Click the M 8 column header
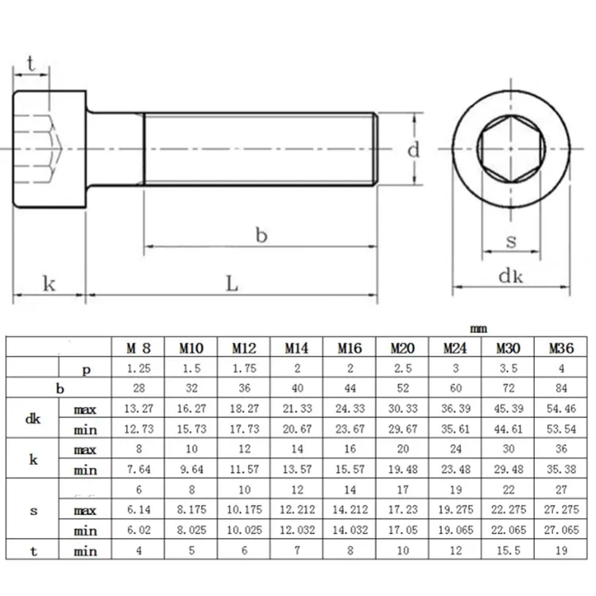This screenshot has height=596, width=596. tap(137, 347)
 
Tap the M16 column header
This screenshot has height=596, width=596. tap(350, 347)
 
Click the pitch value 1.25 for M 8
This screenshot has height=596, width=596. tap(137, 369)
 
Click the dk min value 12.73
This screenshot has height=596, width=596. tap(137, 430)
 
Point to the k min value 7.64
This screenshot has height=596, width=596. tap(137, 470)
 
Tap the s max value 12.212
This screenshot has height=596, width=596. tap(297, 511)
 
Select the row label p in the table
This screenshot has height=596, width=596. tap(85, 369)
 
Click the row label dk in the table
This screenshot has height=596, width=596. tap(33, 420)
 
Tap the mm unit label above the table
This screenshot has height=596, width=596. tap(478, 329)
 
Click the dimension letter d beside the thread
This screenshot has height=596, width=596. tap(413, 149)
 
